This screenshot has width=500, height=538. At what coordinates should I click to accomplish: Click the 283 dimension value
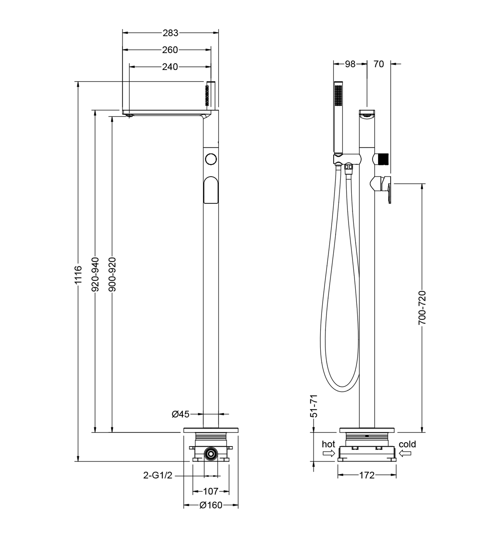point(170,33)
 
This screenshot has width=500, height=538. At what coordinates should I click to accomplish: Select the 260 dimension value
point(170,50)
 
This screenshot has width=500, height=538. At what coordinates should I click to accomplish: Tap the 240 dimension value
point(170,67)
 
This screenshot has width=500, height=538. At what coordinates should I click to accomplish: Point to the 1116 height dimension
point(78,275)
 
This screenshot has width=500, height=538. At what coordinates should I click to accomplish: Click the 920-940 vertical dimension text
point(95,274)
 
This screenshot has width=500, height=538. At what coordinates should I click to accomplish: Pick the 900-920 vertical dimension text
point(112,274)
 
